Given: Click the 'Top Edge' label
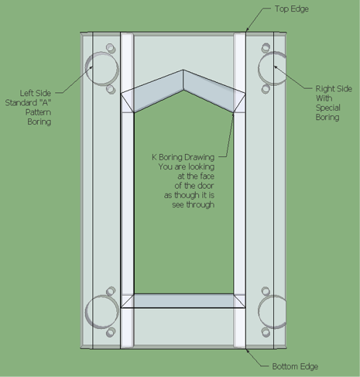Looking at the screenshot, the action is [292, 9].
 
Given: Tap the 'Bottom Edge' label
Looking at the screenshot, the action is [295, 366].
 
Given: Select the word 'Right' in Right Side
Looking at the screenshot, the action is [324, 89].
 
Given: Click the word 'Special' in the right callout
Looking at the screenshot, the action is [328, 108].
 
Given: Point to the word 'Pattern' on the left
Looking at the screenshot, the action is [38, 112].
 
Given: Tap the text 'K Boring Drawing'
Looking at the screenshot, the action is [183, 157].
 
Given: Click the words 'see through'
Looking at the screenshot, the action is [194, 204].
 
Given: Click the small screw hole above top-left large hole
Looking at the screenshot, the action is [111, 48].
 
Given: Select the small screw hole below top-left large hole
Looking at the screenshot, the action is [111, 89].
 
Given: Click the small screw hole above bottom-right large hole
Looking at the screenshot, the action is [266, 291].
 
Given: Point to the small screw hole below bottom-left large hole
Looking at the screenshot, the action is [111, 332].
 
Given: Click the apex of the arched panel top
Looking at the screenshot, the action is [183, 70].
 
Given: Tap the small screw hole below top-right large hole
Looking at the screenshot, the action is [266, 89].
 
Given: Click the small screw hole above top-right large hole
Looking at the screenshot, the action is [266, 48].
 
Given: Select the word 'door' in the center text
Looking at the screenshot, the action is [205, 186].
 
